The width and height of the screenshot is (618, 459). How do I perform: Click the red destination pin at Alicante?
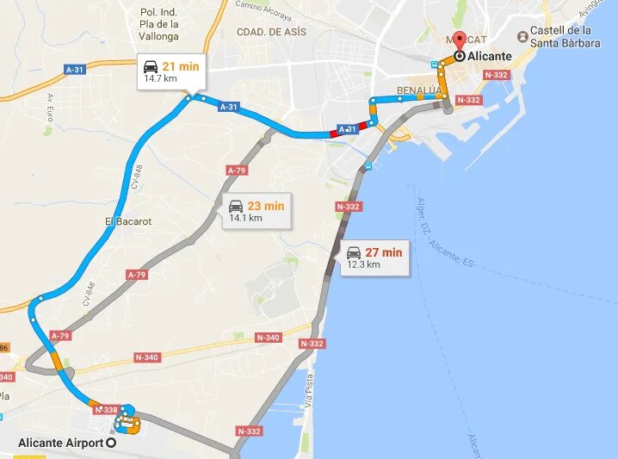(459, 40)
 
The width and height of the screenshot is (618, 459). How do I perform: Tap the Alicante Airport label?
(59, 443)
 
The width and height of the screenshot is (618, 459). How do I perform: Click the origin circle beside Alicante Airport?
(110, 443)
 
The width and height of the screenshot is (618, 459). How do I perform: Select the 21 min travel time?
(181, 65)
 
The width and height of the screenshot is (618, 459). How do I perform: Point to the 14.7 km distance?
(160, 78)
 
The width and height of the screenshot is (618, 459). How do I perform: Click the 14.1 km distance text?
(245, 218)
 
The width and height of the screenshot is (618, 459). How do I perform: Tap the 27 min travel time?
(384, 252)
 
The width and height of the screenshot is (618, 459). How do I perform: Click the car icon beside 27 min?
(354, 252)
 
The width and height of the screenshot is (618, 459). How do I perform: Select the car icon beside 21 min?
(151, 66)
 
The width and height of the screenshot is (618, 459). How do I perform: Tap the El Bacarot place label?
(128, 221)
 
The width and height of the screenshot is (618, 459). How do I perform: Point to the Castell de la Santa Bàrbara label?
(566, 36)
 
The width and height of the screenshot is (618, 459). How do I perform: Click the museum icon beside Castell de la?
(522, 36)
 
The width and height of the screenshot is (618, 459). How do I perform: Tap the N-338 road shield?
(107, 409)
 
